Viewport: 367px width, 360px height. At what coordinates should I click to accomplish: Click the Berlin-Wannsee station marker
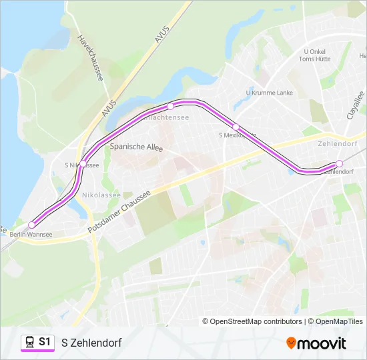tap(31, 225)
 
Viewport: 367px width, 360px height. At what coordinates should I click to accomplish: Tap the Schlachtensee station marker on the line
tap(170, 106)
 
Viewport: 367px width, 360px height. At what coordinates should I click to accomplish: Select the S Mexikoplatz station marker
tap(236, 127)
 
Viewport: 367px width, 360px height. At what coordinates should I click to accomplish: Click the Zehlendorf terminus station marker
tap(339, 163)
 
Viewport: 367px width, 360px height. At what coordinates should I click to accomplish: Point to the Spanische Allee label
tap(136, 147)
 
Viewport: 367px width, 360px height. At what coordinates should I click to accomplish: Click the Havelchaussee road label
tap(90, 59)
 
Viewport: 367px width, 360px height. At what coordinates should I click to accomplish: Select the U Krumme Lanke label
tap(270, 93)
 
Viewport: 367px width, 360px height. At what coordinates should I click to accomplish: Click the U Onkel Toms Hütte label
tap(315, 55)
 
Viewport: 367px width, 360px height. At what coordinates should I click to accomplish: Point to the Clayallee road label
tap(355, 105)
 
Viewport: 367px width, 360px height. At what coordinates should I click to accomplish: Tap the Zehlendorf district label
tap(338, 143)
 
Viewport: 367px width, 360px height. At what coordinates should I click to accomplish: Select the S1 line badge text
tap(45, 342)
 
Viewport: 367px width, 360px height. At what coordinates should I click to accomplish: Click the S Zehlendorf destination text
tap(91, 343)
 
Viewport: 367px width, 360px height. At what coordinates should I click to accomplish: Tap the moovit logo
tap(316, 343)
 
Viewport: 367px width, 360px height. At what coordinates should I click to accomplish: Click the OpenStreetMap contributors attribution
tap(256, 321)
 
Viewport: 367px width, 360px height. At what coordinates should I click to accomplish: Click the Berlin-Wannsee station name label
tap(31, 235)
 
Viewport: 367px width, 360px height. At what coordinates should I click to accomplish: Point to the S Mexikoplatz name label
tap(238, 135)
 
